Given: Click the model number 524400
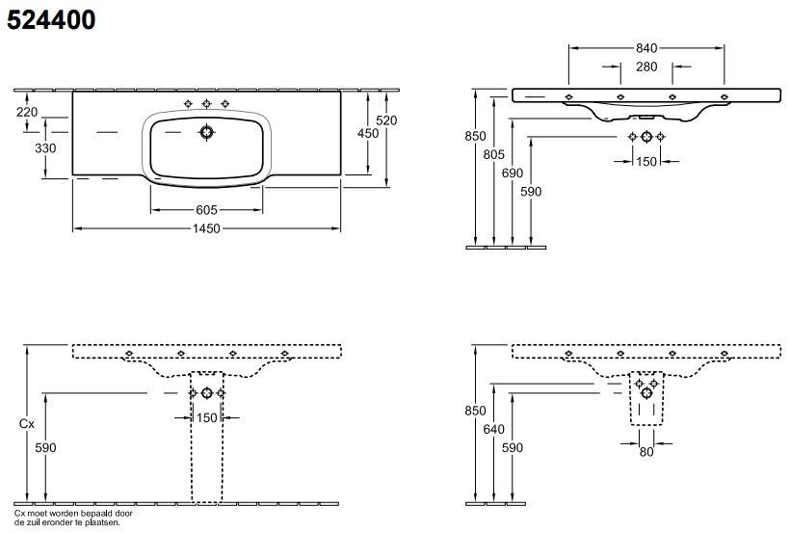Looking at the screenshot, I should (52, 18).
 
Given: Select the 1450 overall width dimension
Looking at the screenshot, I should (206, 228).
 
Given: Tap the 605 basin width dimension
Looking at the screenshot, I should (206, 209).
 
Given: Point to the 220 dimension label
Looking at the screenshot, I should (27, 112).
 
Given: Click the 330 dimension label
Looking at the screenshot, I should (29, 148).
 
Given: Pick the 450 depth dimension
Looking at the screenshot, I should (368, 134).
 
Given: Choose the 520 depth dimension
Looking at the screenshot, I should (386, 120).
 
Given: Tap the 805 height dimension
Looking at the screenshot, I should (493, 154).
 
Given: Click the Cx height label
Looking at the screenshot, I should (28, 423).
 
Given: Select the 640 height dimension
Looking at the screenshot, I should (494, 429).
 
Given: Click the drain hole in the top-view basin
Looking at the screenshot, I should (206, 132).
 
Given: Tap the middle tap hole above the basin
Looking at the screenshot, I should (206, 103).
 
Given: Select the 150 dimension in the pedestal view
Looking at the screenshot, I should (206, 418).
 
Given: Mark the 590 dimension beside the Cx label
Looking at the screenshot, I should (46, 448).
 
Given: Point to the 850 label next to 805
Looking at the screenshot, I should (475, 137).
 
